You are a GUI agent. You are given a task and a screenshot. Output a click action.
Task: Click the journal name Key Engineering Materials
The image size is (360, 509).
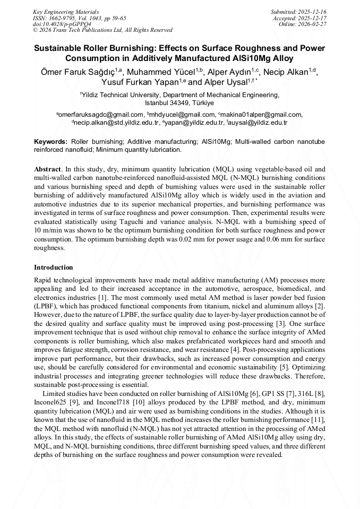click(66, 11)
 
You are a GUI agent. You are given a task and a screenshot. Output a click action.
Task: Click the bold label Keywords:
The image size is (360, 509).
click(50, 142)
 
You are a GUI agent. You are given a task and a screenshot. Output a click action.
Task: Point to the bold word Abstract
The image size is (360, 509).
click(47, 169)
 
